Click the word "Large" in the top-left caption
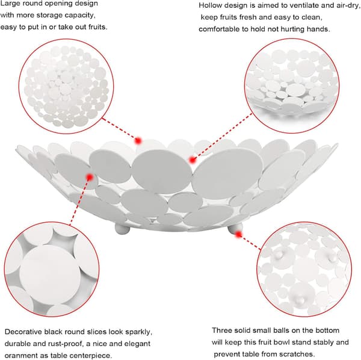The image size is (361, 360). tap(10, 4)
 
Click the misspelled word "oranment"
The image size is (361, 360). tap(19, 355)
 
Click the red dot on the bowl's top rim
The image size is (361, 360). tap(138, 140)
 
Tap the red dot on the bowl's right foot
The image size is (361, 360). tap(238, 234)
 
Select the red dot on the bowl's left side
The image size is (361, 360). tap(90, 177)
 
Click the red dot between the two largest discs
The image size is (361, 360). tap(193, 160)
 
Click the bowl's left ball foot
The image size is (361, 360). tap(122, 229)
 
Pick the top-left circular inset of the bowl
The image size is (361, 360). tap(66, 86)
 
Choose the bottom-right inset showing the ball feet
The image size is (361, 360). tap(304, 269)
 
